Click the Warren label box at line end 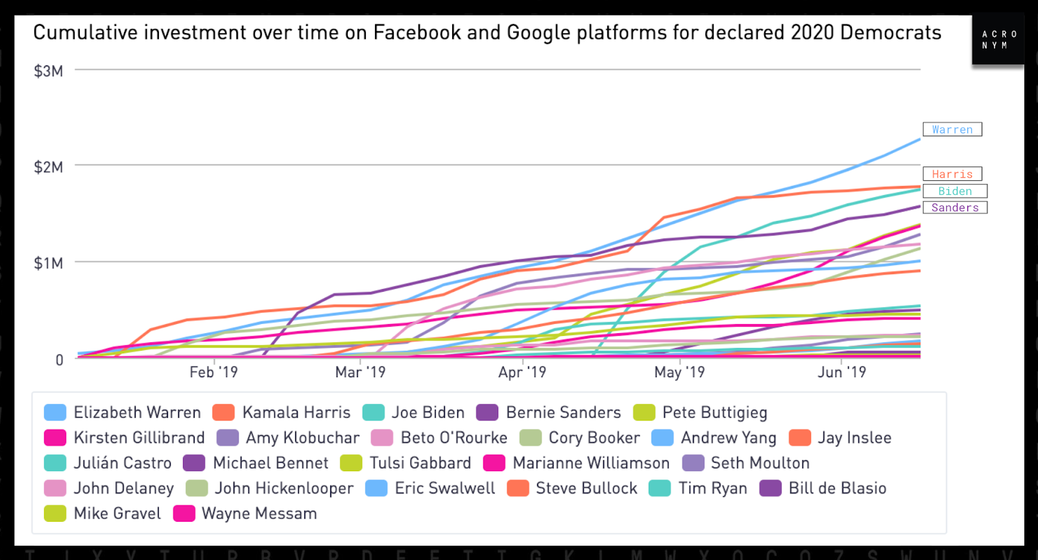point(952,130)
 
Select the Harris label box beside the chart point(952,174)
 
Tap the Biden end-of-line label point(954,191)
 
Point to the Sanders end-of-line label point(954,207)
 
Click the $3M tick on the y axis point(49,71)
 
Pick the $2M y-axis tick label point(49,167)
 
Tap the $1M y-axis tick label point(49,263)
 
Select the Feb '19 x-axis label point(213,372)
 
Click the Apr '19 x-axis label point(522,372)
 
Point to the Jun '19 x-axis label point(841,372)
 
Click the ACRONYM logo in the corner point(998,40)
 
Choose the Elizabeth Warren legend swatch point(55,413)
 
